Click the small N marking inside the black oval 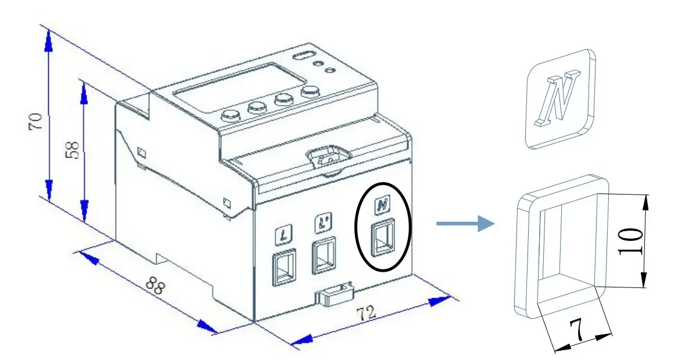pos(382,205)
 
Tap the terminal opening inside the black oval pos(382,237)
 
